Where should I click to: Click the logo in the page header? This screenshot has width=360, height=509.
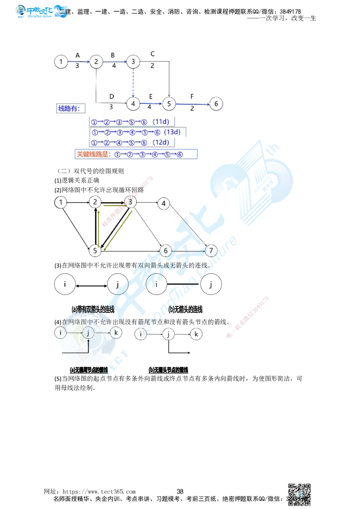(41, 11)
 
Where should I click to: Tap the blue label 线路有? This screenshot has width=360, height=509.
(69, 109)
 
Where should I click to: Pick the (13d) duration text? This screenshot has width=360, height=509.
(172, 132)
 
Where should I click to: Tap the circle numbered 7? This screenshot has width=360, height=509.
(211, 250)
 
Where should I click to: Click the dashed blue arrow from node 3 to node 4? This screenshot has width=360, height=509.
(133, 83)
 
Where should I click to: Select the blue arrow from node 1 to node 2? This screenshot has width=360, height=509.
(78, 62)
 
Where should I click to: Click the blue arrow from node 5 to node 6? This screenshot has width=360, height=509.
(192, 104)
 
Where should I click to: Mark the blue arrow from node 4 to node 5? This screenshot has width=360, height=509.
(151, 103)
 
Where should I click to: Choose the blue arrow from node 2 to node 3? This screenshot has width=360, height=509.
(114, 62)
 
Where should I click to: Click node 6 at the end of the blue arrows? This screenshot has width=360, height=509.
(216, 104)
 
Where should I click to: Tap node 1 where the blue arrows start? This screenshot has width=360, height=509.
(61, 62)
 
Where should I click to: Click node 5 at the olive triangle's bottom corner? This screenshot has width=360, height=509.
(94, 250)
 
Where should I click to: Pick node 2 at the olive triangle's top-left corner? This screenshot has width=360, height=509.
(94, 202)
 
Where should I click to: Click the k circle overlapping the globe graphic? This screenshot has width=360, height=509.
(116, 333)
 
